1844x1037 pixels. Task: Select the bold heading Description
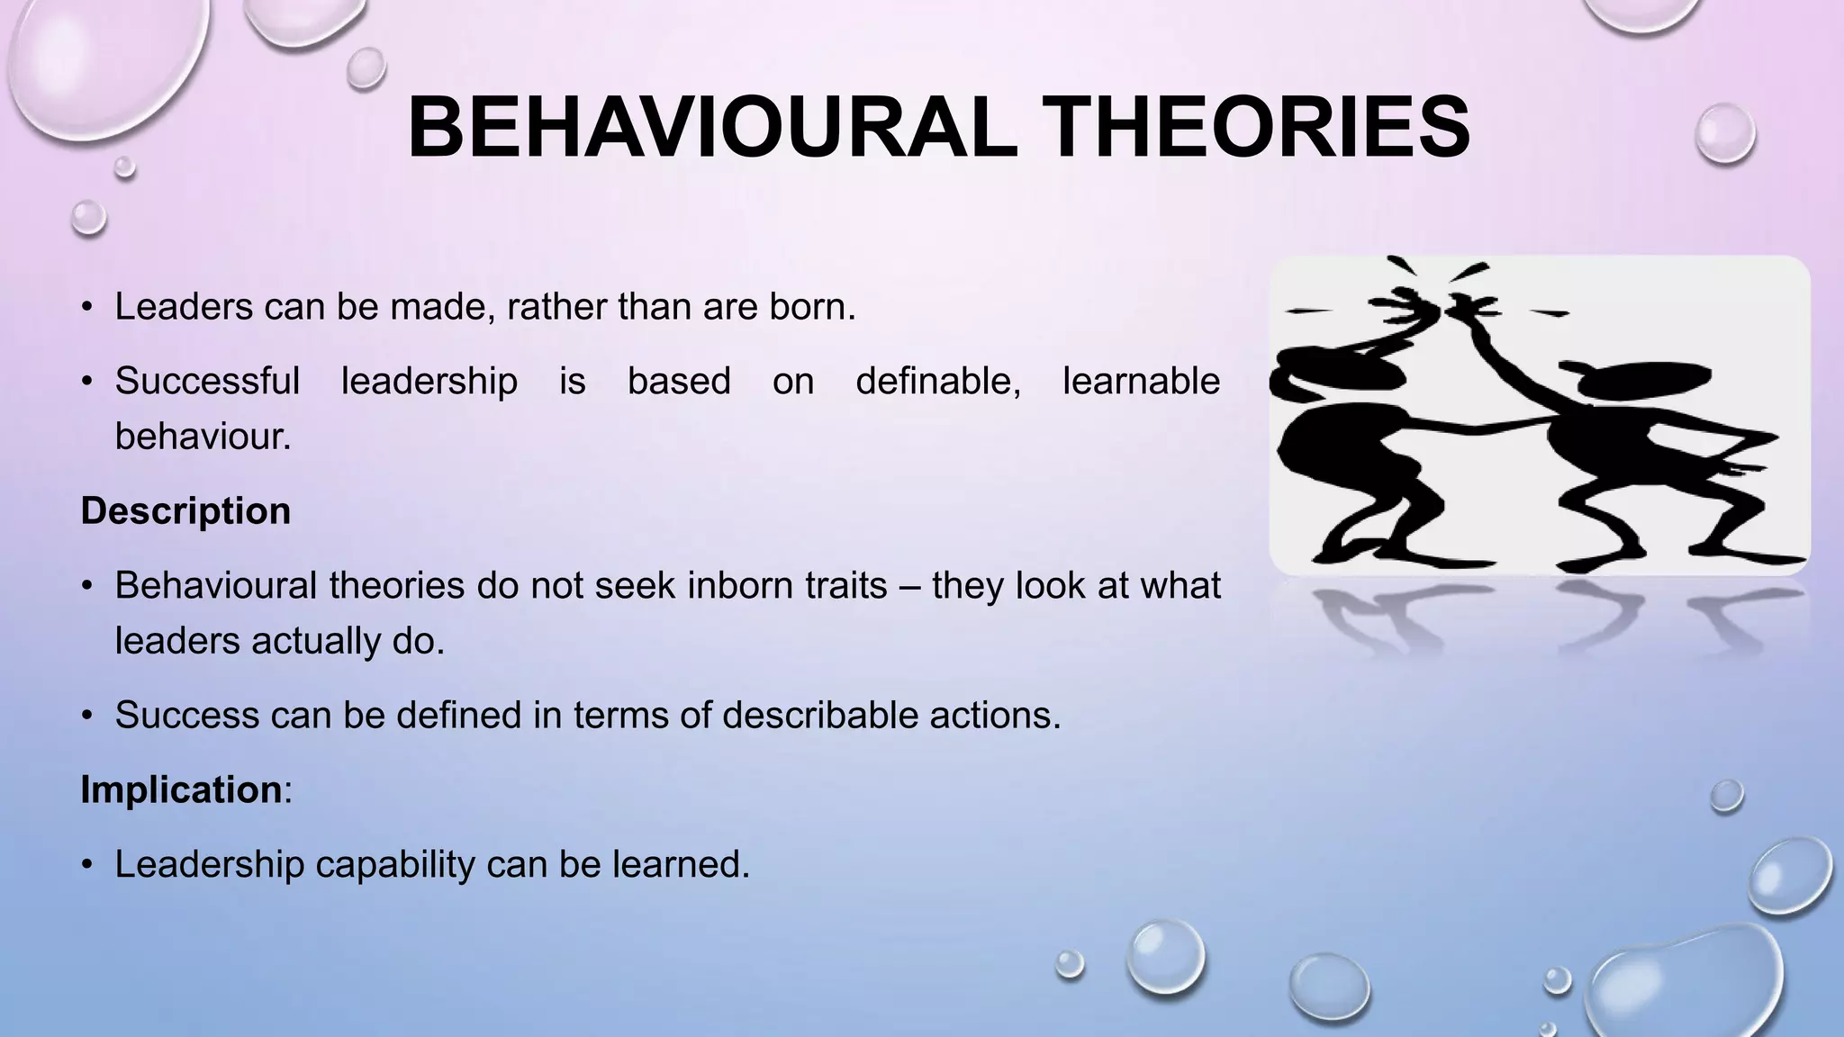click(185, 511)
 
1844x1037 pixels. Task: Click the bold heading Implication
click(181, 789)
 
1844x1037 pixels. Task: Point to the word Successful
click(207, 381)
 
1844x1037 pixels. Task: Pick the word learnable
click(1141, 381)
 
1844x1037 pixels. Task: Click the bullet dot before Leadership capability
click(87, 865)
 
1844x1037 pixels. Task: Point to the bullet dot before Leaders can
click(87, 308)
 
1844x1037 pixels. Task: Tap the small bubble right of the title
click(1724, 133)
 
